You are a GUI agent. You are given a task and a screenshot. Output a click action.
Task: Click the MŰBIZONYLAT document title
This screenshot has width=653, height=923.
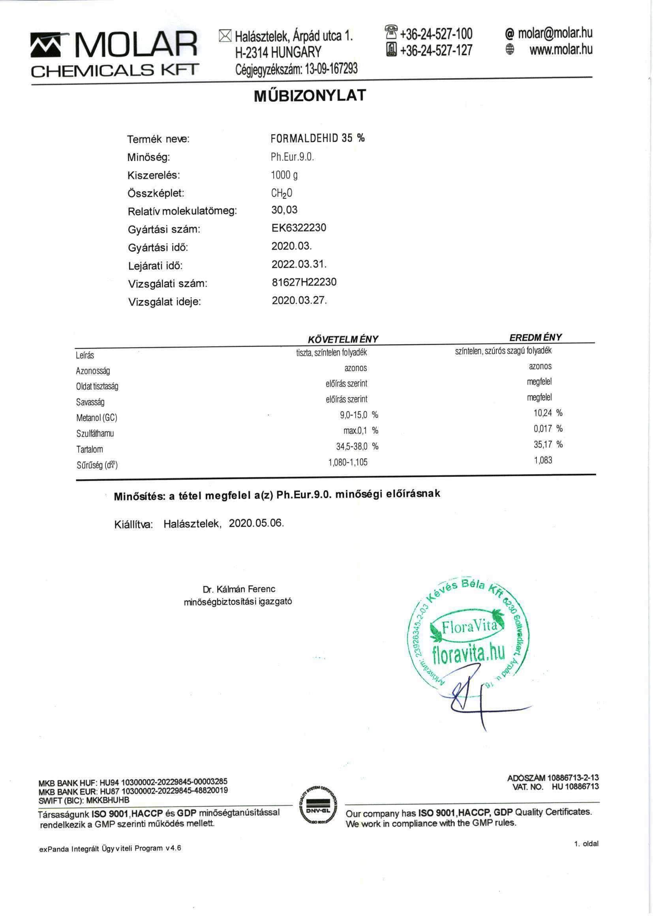(x=310, y=96)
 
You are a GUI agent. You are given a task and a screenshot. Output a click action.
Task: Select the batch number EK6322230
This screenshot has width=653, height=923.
(x=299, y=228)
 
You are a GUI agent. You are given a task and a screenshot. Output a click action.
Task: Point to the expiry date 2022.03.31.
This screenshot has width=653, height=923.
(x=299, y=264)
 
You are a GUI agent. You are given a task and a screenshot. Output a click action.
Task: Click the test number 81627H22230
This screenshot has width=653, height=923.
(x=304, y=282)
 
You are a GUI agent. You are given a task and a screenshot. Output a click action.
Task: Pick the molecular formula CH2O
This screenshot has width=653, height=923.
(x=281, y=193)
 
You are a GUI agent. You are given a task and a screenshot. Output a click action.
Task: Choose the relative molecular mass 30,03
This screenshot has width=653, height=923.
(x=284, y=210)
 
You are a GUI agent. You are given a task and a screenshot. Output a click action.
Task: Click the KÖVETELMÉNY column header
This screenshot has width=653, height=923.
(x=343, y=339)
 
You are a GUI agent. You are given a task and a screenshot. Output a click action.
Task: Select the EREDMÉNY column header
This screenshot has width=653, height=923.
(x=535, y=337)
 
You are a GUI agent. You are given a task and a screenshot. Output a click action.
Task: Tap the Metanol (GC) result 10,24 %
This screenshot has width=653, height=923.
(x=547, y=413)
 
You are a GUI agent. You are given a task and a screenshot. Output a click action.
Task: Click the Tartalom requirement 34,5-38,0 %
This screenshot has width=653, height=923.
(x=357, y=446)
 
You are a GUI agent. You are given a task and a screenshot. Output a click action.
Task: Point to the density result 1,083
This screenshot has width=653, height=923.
(x=543, y=460)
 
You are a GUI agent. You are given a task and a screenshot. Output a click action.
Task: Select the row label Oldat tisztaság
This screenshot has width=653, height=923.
(x=97, y=386)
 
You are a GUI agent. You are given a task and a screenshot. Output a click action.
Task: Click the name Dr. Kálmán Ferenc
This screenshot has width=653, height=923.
(x=239, y=589)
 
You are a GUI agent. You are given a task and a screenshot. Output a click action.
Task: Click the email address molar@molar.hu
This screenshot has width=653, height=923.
(x=555, y=34)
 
